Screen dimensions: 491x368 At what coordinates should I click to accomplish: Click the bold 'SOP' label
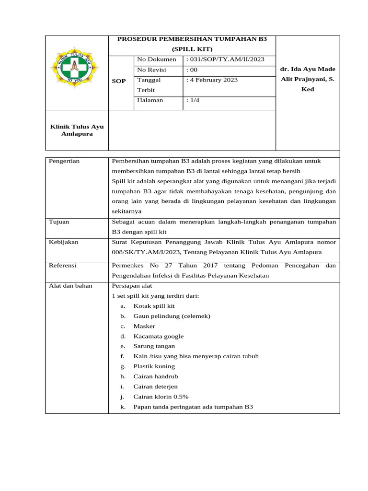(x=119, y=81)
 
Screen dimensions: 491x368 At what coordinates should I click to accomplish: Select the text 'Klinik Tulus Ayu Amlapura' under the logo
(x=77, y=130)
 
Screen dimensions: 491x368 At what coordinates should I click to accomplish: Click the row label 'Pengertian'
(x=64, y=161)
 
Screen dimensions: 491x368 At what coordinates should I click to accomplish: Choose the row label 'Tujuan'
(x=59, y=222)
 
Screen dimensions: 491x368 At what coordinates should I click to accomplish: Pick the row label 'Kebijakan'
(x=64, y=242)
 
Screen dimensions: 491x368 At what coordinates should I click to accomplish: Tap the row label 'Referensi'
(x=63, y=265)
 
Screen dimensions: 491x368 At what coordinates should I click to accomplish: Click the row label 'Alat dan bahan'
(x=70, y=286)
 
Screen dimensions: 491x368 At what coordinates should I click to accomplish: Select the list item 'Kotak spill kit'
(x=154, y=306)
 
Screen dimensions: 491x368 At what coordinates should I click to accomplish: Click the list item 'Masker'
(x=144, y=326)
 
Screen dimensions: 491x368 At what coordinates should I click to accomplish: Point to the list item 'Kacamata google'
(x=158, y=336)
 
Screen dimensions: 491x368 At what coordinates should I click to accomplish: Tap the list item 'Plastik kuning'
(x=154, y=366)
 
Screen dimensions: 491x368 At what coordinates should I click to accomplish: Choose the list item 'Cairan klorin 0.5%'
(x=161, y=397)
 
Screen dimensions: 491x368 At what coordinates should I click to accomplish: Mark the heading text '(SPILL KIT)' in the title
(x=192, y=49)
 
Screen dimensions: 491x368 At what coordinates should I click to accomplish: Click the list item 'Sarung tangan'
(x=154, y=346)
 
